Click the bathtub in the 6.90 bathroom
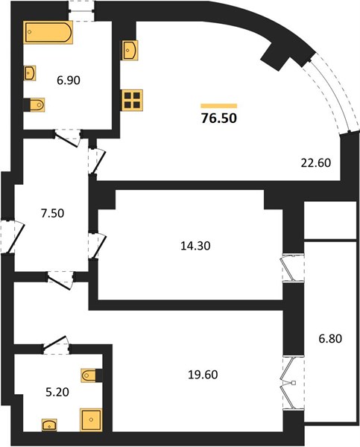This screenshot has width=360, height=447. [48, 32]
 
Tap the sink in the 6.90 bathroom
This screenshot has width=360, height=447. [30, 73]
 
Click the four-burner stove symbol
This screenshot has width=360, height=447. [133, 100]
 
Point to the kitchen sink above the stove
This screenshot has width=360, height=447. [130, 50]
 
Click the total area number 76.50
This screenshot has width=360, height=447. [219, 118]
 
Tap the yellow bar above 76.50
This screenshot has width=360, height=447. [219, 106]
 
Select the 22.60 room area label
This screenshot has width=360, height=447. [316, 162]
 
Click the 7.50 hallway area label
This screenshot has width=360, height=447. [52, 213]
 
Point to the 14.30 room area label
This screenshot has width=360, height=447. [195, 245]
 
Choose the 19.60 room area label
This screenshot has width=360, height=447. [203, 375]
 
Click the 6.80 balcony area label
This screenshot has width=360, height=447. [330, 339]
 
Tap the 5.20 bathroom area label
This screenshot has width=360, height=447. [57, 393]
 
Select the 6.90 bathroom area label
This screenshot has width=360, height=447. [69, 80]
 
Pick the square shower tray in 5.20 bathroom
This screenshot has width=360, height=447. [91, 419]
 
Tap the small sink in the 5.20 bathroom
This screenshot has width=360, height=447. [49, 425]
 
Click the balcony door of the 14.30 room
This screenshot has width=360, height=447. [292, 269]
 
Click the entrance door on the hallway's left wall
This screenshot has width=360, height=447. [12, 237]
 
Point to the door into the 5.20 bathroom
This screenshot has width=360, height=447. [56, 344]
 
